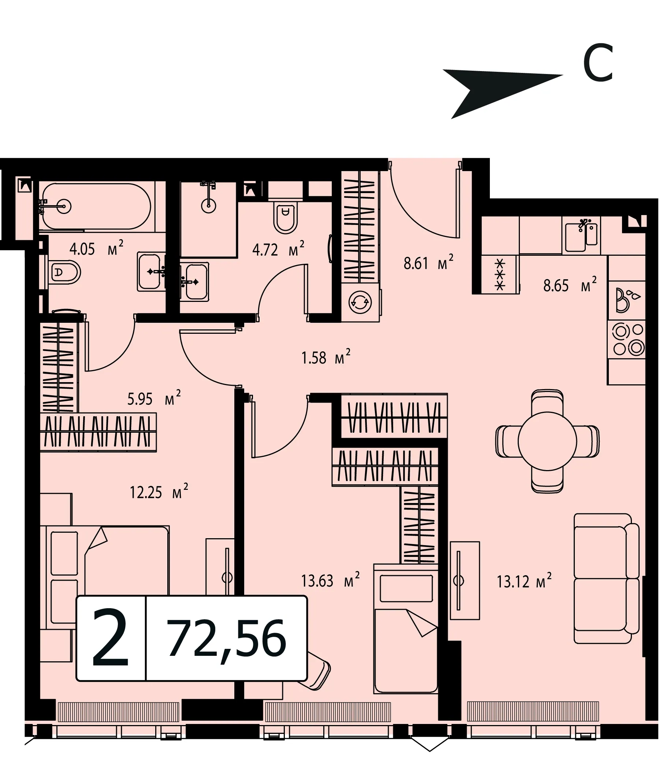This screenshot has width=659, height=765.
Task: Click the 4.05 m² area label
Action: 96,248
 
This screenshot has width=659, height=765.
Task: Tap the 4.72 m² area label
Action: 278,249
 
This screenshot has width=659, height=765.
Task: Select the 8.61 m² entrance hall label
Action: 428,263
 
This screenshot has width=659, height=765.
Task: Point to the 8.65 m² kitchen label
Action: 570,285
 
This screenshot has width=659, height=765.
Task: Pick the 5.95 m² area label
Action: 154,398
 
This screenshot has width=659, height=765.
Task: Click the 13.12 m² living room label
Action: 524,581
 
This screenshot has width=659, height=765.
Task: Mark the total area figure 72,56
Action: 227,638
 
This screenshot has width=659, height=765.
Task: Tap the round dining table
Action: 547,441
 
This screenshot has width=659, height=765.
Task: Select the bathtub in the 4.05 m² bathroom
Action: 97,206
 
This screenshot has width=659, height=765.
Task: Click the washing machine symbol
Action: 360,302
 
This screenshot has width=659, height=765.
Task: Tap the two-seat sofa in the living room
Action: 607,579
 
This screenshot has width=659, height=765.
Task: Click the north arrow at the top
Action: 503,93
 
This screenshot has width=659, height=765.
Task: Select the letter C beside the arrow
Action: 598,62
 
